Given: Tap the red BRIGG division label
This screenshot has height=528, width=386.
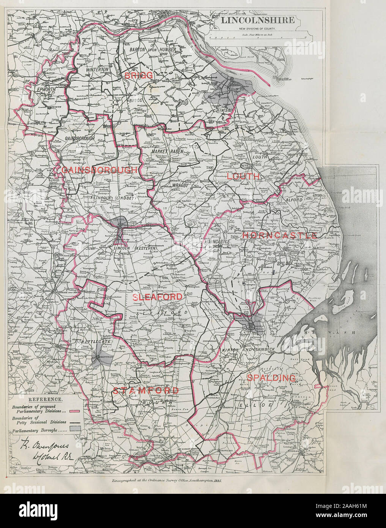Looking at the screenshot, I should click(139, 75).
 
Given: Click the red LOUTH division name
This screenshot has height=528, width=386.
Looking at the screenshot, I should click(243, 176).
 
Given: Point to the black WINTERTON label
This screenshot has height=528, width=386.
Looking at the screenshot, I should click(97, 70).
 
